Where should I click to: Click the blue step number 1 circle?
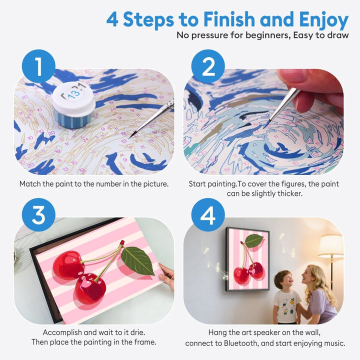point(37,66)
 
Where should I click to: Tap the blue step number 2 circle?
point(208,66)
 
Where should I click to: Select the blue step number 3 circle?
point(37,214)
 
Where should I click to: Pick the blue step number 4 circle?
point(208,214)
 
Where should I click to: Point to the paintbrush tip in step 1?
point(131,135)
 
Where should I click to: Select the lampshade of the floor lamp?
point(330,246)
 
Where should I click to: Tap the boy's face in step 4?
point(283,279)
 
